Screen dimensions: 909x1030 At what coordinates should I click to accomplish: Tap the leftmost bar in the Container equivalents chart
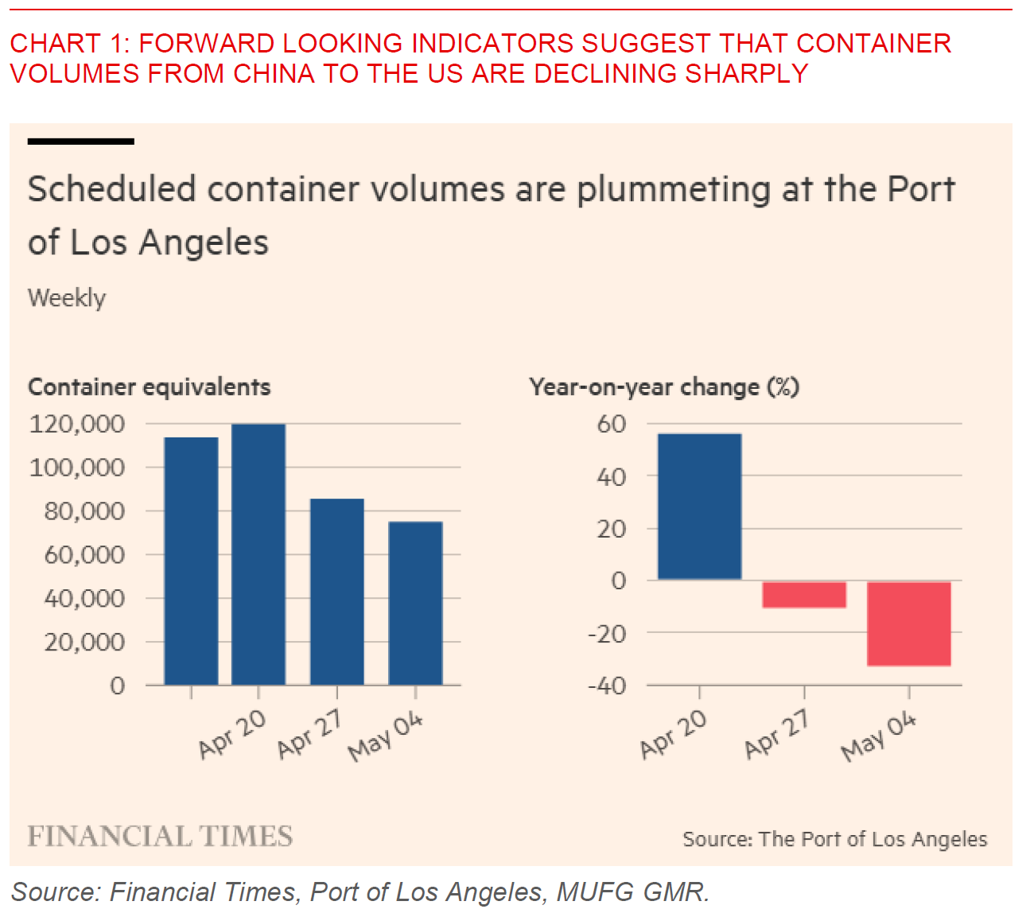[191, 561]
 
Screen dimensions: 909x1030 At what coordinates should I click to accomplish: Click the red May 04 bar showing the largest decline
[908, 623]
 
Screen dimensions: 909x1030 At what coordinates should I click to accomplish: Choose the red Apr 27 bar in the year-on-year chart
[803, 595]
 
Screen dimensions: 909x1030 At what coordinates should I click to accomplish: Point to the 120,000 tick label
[77, 424]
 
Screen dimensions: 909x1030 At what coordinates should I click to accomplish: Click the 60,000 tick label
[84, 554]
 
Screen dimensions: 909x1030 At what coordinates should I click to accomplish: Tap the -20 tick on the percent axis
[607, 634]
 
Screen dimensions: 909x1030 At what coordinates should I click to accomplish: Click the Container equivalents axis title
[149, 387]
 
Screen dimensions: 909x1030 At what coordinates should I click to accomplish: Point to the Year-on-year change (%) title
[664, 387]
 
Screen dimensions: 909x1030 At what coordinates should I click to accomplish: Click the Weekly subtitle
[67, 298]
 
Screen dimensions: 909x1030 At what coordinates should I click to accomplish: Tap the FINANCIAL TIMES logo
[160, 837]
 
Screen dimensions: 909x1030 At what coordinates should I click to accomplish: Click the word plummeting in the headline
[673, 190]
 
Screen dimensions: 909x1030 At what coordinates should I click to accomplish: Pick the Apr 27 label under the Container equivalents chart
[309, 734]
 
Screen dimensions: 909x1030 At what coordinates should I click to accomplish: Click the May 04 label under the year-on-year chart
[879, 736]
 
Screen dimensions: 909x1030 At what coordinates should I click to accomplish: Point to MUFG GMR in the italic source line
[632, 892]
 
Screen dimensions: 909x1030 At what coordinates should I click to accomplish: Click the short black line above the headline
[80, 142]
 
